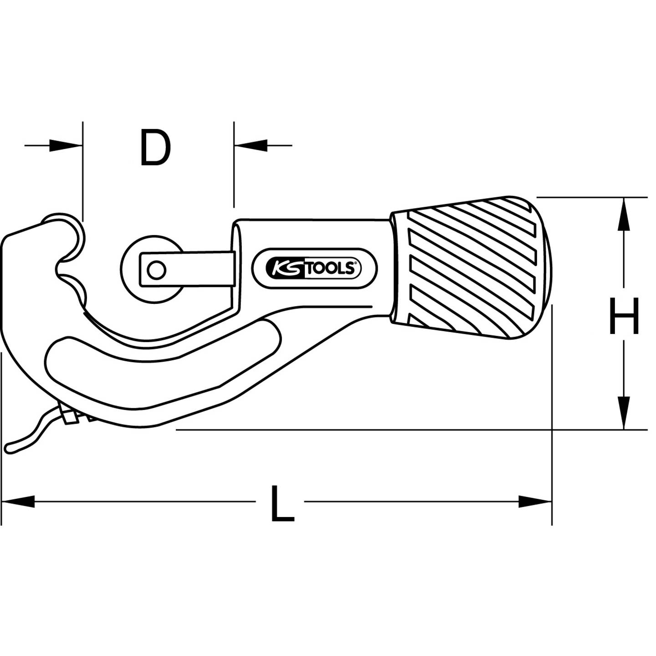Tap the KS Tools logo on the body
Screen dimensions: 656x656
tap(315, 269)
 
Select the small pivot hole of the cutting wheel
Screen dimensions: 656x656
tap(156, 271)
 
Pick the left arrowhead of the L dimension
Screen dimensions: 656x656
tap(18, 502)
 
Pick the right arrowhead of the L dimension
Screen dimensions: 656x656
tap(535, 502)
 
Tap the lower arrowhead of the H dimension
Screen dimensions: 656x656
tap(624, 412)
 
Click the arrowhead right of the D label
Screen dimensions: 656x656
tap(251, 146)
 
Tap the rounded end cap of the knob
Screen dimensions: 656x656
tap(542, 269)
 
